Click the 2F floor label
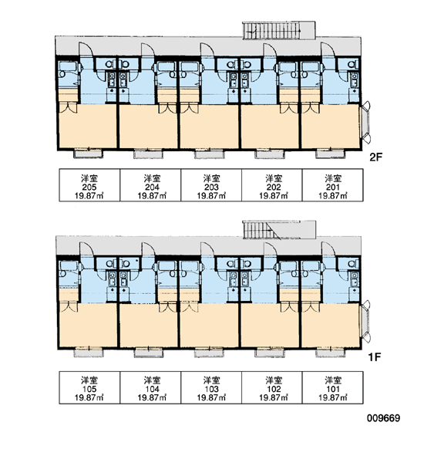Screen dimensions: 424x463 click(x=375, y=157)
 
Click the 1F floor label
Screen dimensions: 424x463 click(x=375, y=357)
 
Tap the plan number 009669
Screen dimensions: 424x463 click(x=384, y=418)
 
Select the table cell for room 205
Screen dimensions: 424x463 click(x=89, y=185)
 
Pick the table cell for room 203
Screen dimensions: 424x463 click(x=211, y=185)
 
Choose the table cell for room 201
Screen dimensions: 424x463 click(x=333, y=185)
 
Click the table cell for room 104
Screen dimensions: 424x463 click(x=150, y=387)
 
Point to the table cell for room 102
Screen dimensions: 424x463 click(x=272, y=387)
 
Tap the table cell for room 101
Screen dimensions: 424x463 click(x=333, y=387)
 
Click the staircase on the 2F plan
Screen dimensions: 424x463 click(x=279, y=30)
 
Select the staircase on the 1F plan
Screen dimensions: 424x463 click(x=279, y=229)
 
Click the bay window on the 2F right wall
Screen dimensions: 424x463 click(x=366, y=122)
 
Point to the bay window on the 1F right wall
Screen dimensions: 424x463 click(x=366, y=321)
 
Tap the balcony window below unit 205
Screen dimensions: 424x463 click(x=88, y=154)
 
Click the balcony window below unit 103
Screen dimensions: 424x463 click(x=209, y=353)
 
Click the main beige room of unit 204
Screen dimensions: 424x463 click(x=148, y=127)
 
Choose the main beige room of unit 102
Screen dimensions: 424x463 click(x=271, y=326)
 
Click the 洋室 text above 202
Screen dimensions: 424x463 click(x=274, y=178)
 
